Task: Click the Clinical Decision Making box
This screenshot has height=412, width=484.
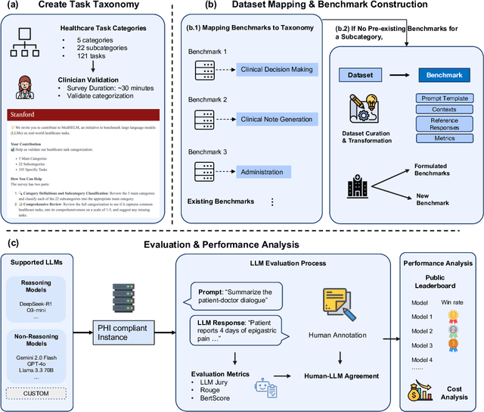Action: [277, 70]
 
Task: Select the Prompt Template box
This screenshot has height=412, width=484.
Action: [445, 98]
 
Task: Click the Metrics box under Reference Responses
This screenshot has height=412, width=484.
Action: [445, 139]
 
